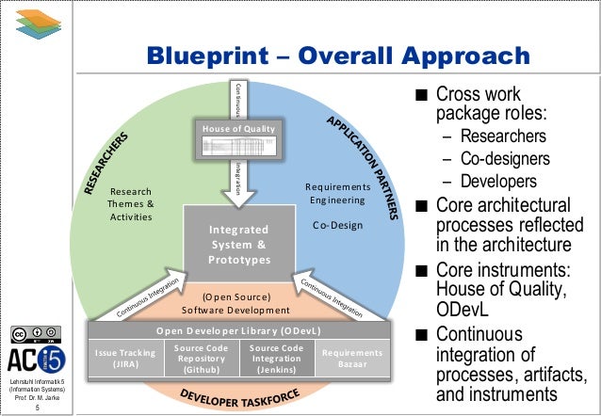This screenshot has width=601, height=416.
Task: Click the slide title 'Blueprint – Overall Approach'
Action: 337,58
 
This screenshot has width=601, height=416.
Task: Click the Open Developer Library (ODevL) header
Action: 237,331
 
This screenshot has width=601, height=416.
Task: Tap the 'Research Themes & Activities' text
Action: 132,202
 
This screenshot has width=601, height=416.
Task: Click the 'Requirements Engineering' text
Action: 335,193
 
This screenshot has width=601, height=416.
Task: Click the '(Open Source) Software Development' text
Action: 236,302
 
